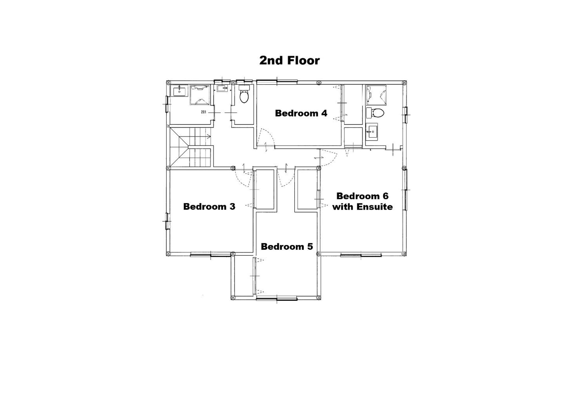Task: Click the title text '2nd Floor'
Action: tap(289, 60)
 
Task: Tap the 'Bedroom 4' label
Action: tap(301, 113)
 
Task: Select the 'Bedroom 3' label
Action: tap(209, 207)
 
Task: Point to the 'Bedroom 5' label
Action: tap(287, 246)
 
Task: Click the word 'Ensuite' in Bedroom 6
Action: tap(375, 207)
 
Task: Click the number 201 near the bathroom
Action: tap(204, 112)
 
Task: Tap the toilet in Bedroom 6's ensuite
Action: tap(375, 113)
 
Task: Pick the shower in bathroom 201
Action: tap(200, 95)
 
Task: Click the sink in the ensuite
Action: tap(371, 132)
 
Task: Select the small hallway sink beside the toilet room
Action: tap(222, 88)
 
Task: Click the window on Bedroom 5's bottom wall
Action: tap(277, 298)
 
